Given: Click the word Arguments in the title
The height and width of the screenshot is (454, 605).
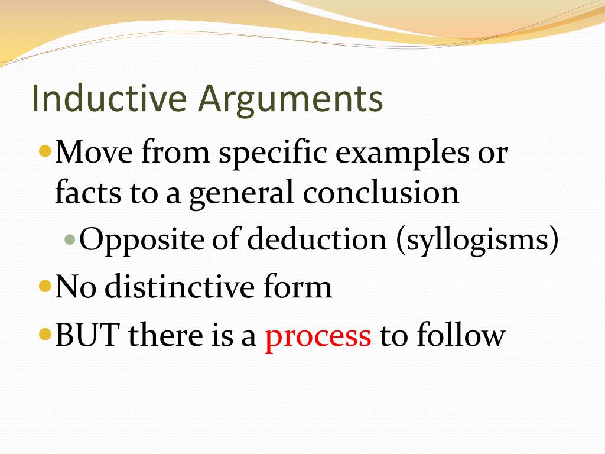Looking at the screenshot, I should pyautogui.click(x=291, y=99).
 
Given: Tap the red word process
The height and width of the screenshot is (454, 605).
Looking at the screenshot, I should pyautogui.click(x=318, y=336).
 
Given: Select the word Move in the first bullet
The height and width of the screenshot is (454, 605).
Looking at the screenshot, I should pyautogui.click(x=94, y=153).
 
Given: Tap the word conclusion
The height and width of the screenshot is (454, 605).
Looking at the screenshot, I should pyautogui.click(x=381, y=193).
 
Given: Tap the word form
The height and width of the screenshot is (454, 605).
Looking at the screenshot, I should pyautogui.click(x=301, y=288).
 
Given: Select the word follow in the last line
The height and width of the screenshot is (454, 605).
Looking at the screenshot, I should pyautogui.click(x=461, y=336).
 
